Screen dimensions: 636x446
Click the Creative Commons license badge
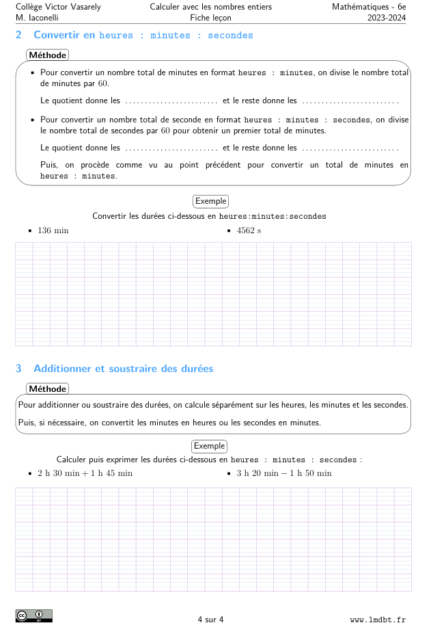[x=33, y=616]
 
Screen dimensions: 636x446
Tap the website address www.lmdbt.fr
[x=378, y=620]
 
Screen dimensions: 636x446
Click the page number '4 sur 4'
[x=210, y=620]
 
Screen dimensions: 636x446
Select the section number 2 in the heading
[x=18, y=35]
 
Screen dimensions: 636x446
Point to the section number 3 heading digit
[x=18, y=369]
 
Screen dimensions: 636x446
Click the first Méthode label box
[x=47, y=55]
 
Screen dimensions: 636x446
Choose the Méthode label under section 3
[x=47, y=388]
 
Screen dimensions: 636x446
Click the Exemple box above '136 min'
[x=210, y=201]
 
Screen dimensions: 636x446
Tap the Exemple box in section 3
[x=209, y=446]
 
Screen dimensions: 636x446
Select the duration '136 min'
[x=53, y=230]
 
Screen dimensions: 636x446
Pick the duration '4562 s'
[x=249, y=230]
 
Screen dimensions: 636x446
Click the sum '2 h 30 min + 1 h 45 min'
[x=85, y=473]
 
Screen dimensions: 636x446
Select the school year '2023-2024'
[x=386, y=18]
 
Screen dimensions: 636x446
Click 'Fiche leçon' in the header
[x=210, y=18]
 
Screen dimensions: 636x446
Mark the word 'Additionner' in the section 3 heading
[x=63, y=369]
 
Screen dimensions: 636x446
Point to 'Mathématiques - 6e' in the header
[x=369, y=7]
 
